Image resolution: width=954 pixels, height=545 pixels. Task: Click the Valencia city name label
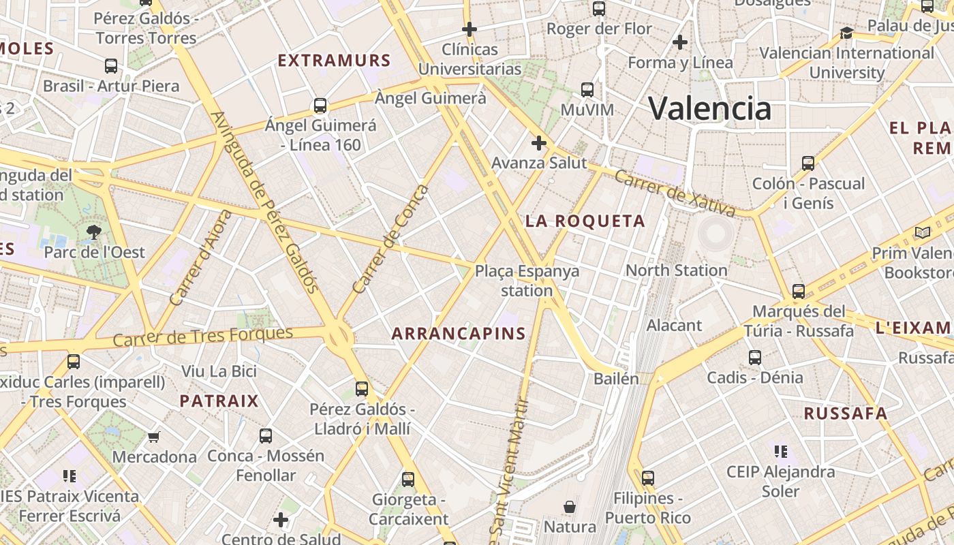[709, 108]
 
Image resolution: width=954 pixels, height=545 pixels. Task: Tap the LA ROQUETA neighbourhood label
[585, 221]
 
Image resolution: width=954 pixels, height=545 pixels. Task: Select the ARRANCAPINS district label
[459, 333]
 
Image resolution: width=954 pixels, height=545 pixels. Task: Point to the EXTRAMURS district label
[334, 61]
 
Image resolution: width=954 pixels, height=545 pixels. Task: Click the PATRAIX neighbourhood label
[219, 401]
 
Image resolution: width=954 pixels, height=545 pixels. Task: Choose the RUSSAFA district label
[845, 414]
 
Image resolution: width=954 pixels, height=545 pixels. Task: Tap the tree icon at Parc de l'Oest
[93, 232]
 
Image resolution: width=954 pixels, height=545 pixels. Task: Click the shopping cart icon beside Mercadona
[154, 437]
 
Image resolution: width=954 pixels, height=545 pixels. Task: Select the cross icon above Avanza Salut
[539, 143]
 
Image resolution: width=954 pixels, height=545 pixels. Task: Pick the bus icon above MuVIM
[587, 89]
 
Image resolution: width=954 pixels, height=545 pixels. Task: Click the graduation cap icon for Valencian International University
[846, 33]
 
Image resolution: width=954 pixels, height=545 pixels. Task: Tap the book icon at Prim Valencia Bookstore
[923, 233]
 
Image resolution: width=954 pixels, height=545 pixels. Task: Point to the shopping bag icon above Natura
[570, 507]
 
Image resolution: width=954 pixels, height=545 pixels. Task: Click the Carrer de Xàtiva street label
[675, 193]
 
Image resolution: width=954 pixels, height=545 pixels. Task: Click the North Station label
[676, 270]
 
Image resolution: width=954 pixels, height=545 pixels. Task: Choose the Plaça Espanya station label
[527, 281]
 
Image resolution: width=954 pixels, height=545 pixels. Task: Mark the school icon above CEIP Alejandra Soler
[780, 451]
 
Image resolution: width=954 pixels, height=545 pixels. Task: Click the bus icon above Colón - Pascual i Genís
[808, 163]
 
